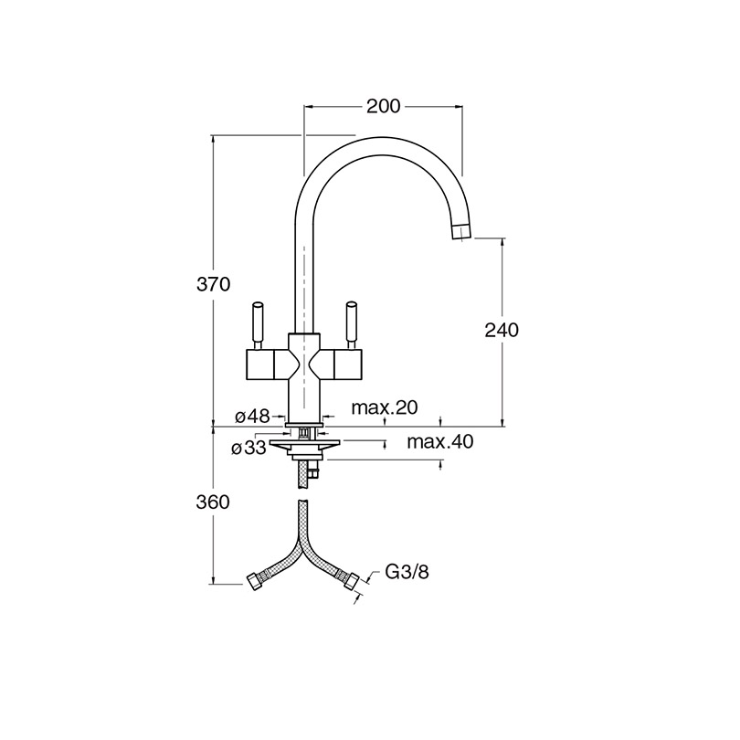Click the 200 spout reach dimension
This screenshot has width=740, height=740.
click(x=383, y=107)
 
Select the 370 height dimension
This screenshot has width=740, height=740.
click(x=213, y=284)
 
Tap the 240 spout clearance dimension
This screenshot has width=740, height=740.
click(x=502, y=330)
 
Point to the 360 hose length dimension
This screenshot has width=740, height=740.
click(x=213, y=502)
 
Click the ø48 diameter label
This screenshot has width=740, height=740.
click(x=252, y=416)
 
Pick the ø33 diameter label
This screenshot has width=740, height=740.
click(x=248, y=448)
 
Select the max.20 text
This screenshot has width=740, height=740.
click(x=385, y=407)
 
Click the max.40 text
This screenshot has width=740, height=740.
click(x=440, y=442)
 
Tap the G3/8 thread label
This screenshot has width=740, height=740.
click(x=407, y=573)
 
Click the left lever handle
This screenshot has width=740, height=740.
click(x=258, y=325)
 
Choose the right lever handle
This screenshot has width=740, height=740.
click(x=351, y=325)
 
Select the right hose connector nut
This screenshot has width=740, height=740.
click(x=350, y=580)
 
